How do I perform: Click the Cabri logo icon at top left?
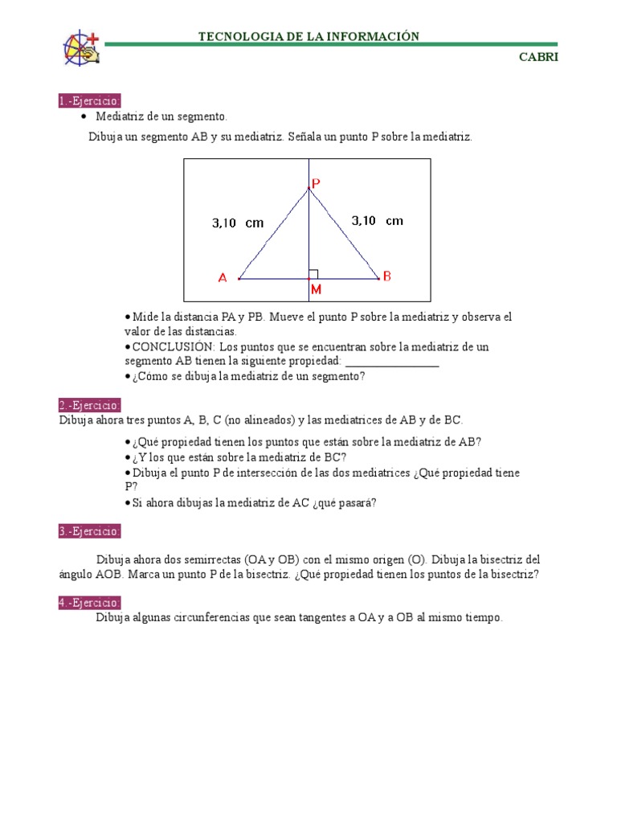click(x=80, y=48)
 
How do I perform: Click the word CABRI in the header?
click(x=539, y=57)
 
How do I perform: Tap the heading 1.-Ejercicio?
click(x=89, y=101)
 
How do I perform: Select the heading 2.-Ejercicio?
click(x=89, y=405)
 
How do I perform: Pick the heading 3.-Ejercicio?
click(x=89, y=531)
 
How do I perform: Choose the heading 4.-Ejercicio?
click(x=89, y=603)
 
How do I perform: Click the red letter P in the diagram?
click(x=316, y=184)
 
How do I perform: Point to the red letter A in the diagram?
click(x=223, y=278)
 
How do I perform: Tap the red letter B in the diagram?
click(x=387, y=276)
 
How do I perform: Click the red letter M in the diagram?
click(x=316, y=288)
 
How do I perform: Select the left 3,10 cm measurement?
click(x=238, y=223)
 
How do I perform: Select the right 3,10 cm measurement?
click(x=378, y=220)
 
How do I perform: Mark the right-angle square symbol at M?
click(x=313, y=274)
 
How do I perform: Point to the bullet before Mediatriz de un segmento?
click(x=84, y=117)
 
